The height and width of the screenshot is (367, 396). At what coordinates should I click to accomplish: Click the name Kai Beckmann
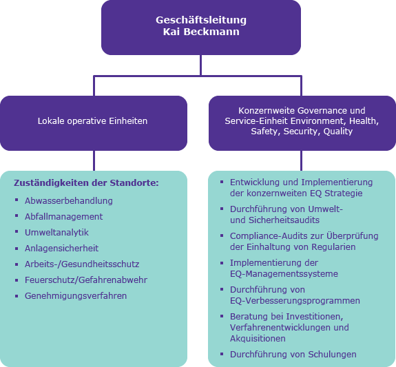coord(201,32)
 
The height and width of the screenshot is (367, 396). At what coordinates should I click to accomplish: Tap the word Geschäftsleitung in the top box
coord(201,20)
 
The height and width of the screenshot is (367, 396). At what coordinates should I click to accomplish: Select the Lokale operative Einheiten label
coord(92,121)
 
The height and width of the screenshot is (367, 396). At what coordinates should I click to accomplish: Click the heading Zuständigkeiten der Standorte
coord(86,183)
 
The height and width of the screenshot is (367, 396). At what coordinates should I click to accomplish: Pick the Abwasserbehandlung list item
coord(69,201)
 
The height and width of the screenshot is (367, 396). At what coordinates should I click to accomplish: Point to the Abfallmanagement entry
coord(63,217)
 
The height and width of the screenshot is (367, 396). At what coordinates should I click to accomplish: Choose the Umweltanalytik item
coord(56,233)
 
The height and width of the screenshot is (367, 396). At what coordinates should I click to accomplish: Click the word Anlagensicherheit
coord(61,249)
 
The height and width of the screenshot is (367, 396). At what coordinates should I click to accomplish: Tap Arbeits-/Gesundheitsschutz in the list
coord(82,264)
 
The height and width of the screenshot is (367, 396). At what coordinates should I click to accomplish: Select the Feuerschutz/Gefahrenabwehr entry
coord(86,280)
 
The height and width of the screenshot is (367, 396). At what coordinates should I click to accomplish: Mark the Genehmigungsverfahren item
coord(76,296)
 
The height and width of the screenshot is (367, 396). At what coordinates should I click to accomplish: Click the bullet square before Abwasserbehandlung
coord(17,200)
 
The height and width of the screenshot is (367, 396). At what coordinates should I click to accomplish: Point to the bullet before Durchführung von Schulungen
coord(222,354)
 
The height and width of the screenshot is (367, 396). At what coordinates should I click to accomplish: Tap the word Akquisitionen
coord(258,339)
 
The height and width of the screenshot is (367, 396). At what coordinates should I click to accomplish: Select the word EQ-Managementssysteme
coord(284,274)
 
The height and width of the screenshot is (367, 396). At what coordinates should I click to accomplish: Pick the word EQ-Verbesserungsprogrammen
coord(295,301)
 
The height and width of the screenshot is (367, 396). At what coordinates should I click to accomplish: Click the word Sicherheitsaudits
coord(284,220)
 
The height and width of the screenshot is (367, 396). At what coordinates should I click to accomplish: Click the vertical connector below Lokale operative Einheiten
coord(94,160)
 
